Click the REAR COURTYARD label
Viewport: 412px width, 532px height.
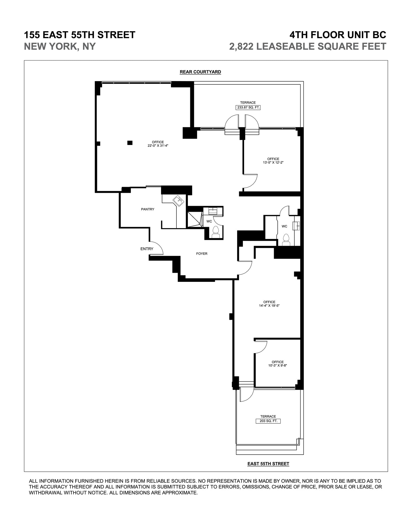pos(200,72)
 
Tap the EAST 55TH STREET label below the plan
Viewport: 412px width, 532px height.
pos(268,464)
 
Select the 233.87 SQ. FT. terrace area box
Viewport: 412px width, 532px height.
pos(248,107)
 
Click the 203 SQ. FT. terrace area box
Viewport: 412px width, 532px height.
pos(268,421)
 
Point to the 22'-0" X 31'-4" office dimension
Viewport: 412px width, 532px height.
pos(158,146)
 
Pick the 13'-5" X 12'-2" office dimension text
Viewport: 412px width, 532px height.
pos(273,163)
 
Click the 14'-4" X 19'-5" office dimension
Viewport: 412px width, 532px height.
pos(269,306)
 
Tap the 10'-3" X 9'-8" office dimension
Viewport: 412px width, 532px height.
pos(277,365)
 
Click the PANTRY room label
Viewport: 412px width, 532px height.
pos(148,209)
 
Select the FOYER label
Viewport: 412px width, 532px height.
pos(202,254)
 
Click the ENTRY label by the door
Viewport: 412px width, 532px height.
pos(147,249)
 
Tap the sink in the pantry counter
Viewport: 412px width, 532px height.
pos(179,200)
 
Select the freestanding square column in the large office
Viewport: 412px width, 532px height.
pos(130,143)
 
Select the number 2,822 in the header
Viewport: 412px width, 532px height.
pos(241,46)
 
